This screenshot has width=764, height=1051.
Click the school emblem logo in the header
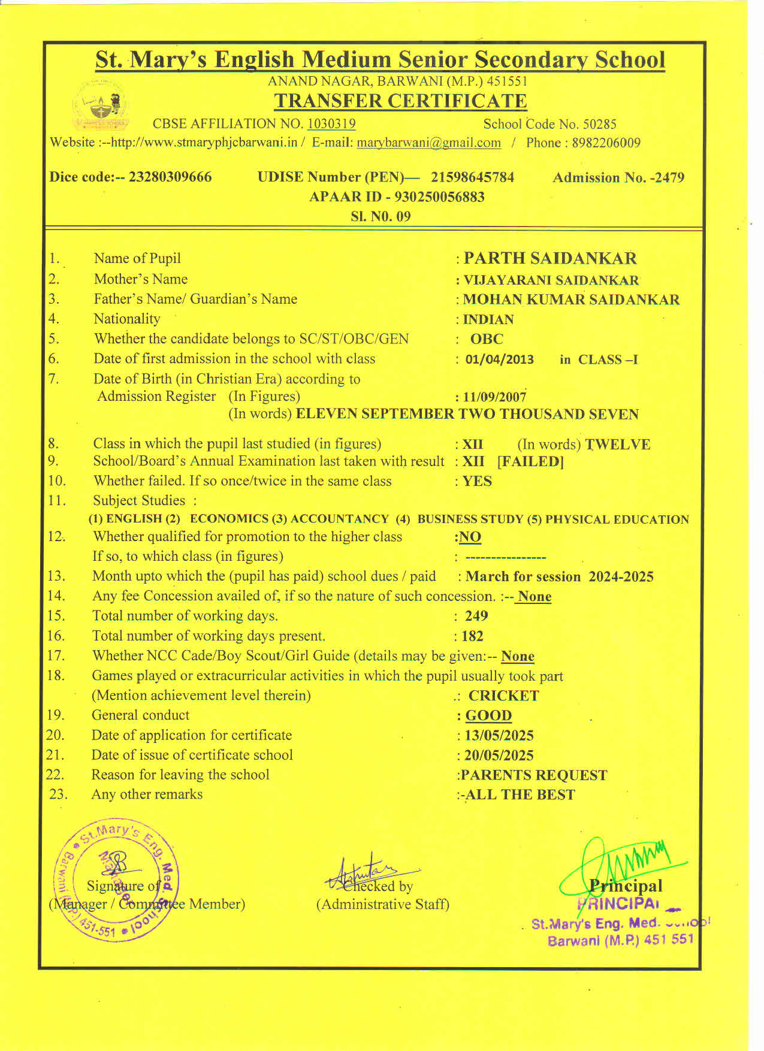pos(101,106)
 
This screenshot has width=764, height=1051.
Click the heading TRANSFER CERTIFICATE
pos(400,101)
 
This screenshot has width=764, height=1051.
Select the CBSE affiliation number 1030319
pos(331,124)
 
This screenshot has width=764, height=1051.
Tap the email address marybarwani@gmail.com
pos(428,143)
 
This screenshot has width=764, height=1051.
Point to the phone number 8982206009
pos(606,143)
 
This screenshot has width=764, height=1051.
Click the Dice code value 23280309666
pos(170,177)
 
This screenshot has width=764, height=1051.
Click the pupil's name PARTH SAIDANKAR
pos(550,258)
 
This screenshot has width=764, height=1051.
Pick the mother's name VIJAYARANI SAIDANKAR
pos(551,280)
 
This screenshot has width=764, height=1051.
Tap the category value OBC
pos(487,339)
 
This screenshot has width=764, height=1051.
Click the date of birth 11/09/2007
pos(494,397)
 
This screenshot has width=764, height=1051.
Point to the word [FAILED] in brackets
pos(530,462)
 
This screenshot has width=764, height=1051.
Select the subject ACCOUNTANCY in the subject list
pos(340,519)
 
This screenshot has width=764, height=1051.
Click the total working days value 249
pos(476,616)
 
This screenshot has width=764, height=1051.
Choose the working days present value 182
pos(472,636)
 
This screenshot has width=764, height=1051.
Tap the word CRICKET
pos(503,696)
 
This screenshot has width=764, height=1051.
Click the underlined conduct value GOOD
pos(488,715)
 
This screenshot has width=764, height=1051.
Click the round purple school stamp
pos(116,878)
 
